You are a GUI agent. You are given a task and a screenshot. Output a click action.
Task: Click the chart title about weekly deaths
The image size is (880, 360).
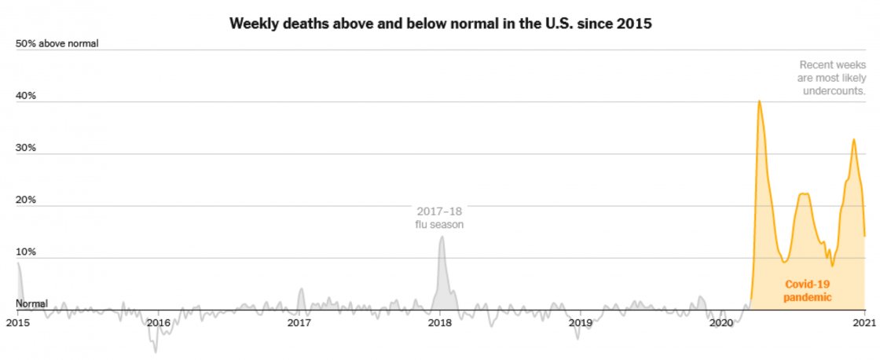440,23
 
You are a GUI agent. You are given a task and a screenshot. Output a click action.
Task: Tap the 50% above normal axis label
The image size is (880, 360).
57,43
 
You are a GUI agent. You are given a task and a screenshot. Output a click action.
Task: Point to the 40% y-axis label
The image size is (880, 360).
27,96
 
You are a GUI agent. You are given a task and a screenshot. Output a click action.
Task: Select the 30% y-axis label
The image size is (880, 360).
27,148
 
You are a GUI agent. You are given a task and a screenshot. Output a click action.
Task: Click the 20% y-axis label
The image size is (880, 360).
27,200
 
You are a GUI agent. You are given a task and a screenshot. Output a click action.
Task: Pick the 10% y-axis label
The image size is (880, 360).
27,252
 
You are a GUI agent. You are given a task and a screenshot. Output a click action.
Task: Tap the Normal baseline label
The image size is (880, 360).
32,303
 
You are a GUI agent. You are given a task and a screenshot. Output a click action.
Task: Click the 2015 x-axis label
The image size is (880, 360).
17,322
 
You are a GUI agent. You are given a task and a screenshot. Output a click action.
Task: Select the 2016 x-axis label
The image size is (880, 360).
158,322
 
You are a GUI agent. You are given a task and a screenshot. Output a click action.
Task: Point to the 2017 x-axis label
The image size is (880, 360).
299,322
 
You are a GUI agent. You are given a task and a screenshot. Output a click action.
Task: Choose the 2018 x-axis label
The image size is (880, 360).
440,322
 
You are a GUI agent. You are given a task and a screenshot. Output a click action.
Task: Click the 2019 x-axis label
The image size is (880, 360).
580,322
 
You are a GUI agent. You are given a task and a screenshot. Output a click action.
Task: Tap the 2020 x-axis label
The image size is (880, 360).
720,322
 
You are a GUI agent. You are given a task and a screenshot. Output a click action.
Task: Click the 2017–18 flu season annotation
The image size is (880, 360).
440,218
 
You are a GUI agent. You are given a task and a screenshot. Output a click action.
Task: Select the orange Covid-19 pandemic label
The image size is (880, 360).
807,291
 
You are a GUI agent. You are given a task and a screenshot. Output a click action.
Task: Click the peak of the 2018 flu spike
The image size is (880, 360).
442,237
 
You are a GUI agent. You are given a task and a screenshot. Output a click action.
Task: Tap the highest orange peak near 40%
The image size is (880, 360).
759,101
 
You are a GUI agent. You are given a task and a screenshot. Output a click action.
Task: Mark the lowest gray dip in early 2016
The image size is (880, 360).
156,351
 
